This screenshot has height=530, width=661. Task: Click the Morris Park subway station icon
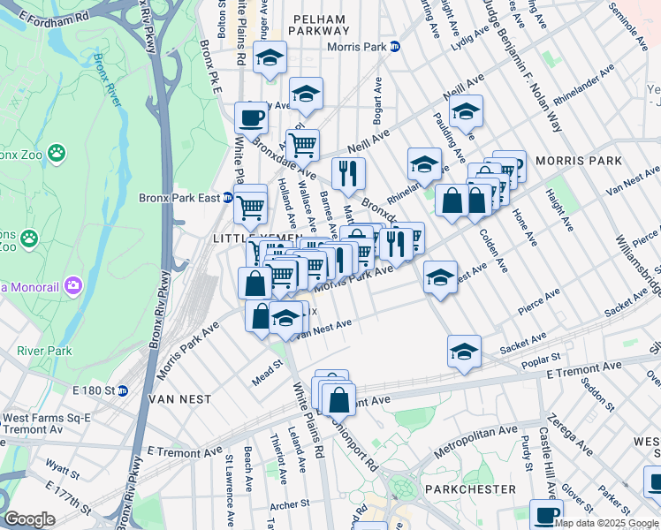[x=395, y=46]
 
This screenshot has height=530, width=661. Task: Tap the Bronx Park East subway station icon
[x=227, y=198]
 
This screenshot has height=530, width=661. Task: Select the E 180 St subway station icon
[x=123, y=390]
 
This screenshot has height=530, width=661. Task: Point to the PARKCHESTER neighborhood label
[x=469, y=488]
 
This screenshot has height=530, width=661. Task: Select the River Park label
[x=43, y=351]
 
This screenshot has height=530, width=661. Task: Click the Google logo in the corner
[x=29, y=519]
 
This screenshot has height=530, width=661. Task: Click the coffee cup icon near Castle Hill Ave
[x=546, y=515]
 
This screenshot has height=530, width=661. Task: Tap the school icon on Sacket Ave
[x=464, y=350]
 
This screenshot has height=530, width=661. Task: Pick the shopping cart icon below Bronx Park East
[x=251, y=208]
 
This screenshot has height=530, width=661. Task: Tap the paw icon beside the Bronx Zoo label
[x=57, y=154]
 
